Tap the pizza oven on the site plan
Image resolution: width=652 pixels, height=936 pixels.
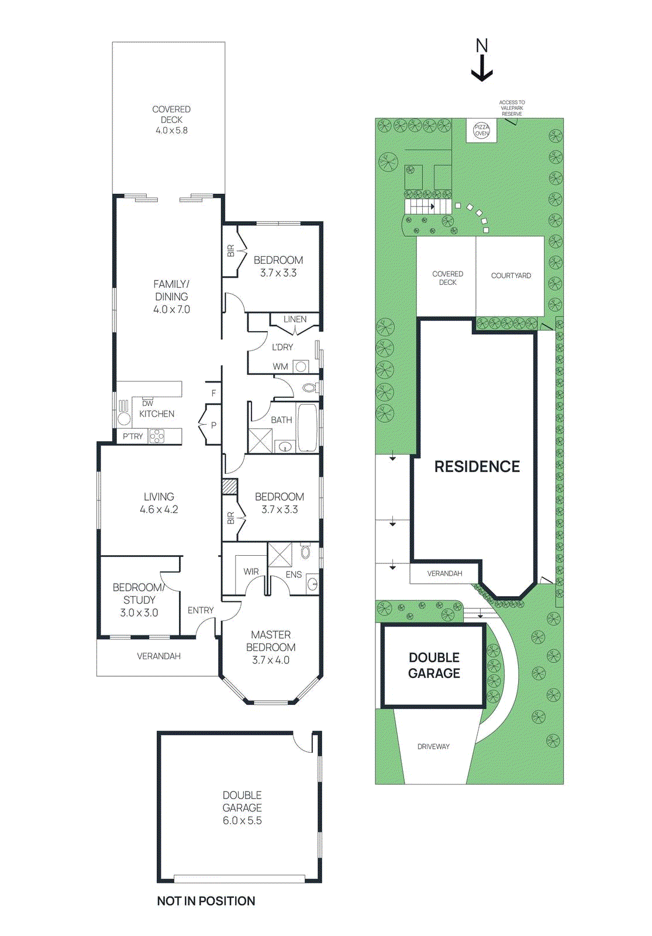pos(481,130)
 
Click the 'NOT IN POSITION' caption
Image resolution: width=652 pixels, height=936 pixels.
pos(206,901)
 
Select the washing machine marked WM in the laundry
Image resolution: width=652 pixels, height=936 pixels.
pos(301,367)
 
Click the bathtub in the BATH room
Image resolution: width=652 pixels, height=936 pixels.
pos(307,427)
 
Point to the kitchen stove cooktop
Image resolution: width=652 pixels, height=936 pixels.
pos(157,436)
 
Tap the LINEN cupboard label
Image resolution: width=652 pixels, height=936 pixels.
pos(295,319)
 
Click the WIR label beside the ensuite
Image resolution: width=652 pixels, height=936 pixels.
pos(251,572)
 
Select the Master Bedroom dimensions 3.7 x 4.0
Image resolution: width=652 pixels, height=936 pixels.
pos(271,660)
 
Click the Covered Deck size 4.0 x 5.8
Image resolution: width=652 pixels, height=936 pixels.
pos(171,130)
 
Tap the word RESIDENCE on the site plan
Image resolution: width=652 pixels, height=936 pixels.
pos(477,466)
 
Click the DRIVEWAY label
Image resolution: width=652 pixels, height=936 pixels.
pos(433,746)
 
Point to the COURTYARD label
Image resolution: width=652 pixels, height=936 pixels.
pos(510,276)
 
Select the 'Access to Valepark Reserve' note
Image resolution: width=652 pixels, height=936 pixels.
pos(512,108)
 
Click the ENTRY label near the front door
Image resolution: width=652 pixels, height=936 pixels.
pos(201,610)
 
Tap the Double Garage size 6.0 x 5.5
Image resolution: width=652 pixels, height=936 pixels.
pos(242,820)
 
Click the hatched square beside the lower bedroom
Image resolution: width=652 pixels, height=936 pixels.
pos(229,487)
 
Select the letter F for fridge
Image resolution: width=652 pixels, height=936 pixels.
pos(213,393)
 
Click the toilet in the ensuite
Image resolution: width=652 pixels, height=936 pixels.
pos(305,552)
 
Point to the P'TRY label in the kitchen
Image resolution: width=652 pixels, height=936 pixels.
pos(133,436)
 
